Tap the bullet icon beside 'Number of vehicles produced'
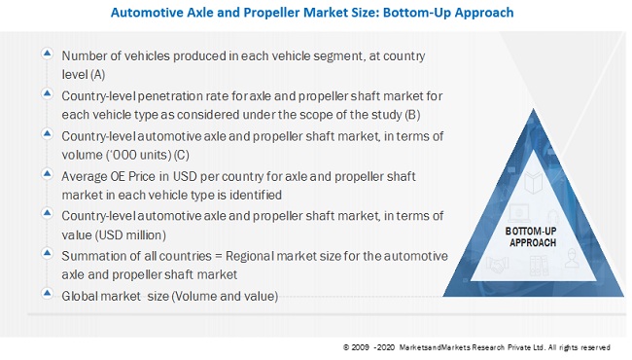pos(48,54)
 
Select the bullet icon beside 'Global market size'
pos(48,293)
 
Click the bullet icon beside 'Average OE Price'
pos(48,174)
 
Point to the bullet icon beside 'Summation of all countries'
pos(48,253)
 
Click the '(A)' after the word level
pos(97,75)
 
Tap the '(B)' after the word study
pos(412,115)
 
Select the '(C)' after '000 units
pos(182,155)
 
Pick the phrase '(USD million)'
pos(130,235)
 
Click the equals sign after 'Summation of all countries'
pos(219,257)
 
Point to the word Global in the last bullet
pos(79,297)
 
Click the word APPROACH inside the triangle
pos(533,242)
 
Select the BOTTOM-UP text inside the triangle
pos(531,231)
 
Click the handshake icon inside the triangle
pos(497,265)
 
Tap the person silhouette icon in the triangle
pos(572,258)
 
